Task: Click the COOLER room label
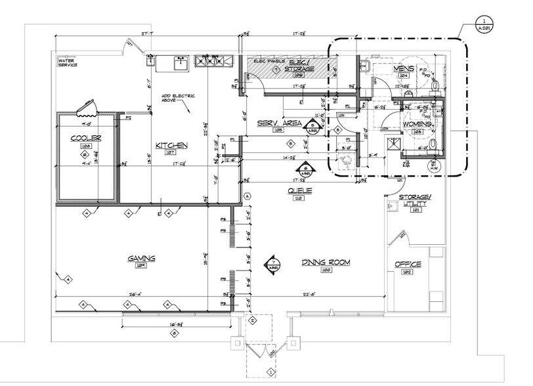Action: (x=85, y=139)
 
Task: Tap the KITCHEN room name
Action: (x=172, y=144)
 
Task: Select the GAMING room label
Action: (x=140, y=259)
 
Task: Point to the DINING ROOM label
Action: (x=326, y=262)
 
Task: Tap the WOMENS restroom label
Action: (x=417, y=123)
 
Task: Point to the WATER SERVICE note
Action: (x=68, y=63)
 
